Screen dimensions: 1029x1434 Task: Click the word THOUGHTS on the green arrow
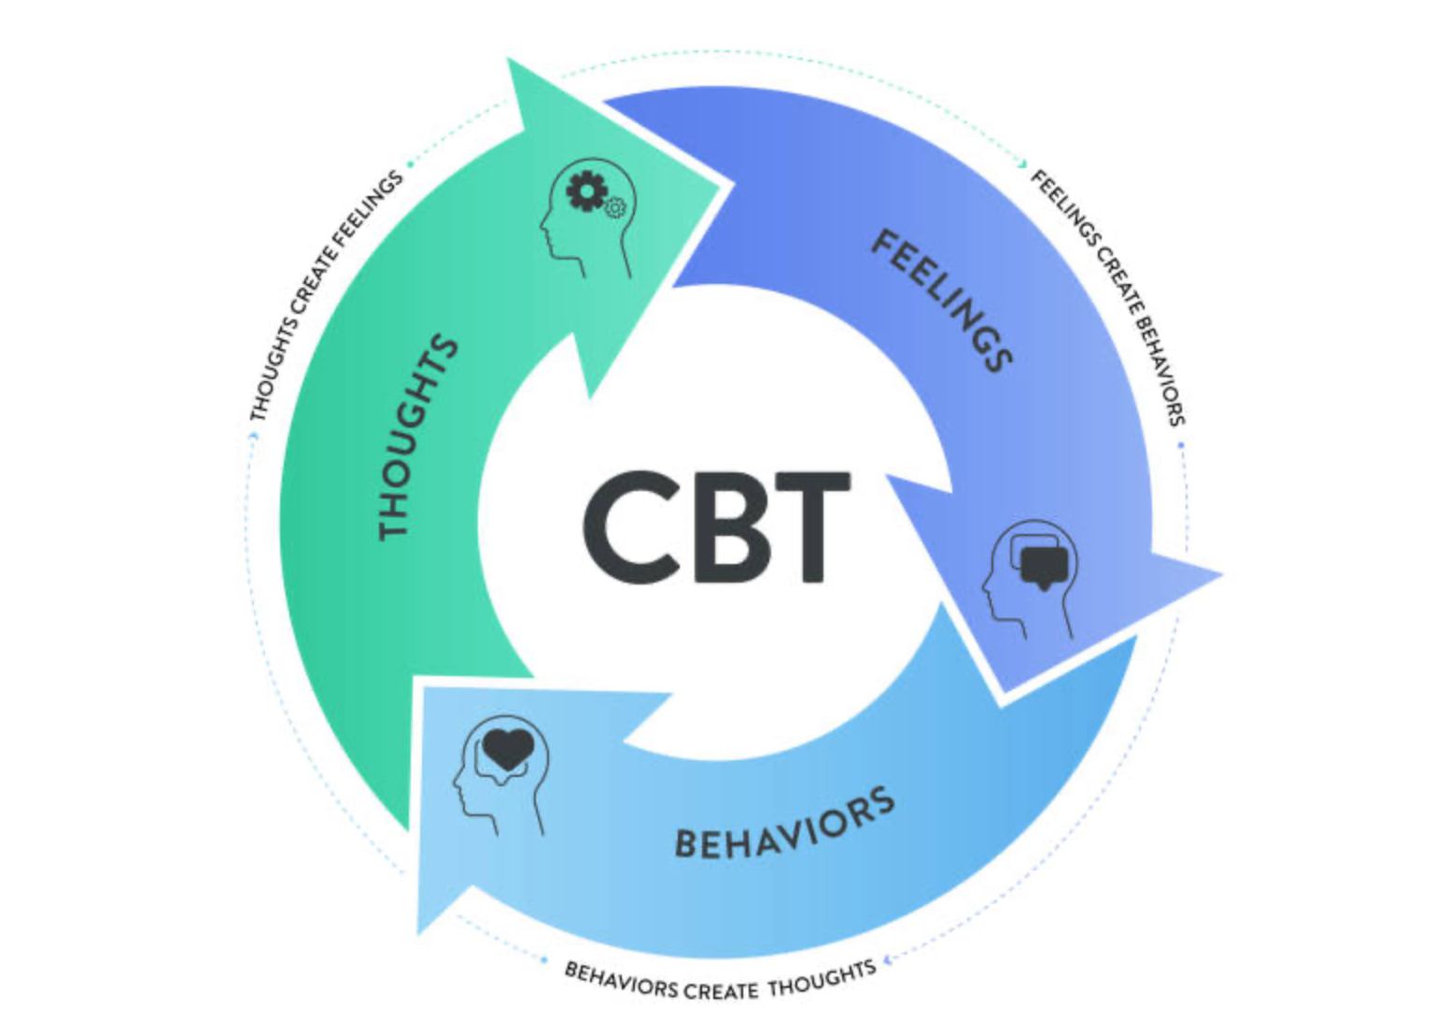pos(417,438)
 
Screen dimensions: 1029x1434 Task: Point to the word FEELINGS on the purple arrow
pos(942,301)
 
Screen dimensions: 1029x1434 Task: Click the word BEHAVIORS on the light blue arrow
pos(784,824)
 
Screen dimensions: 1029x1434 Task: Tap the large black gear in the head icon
pos(585,190)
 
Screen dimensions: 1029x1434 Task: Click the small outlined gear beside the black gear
pos(614,207)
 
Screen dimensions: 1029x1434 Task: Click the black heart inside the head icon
pos(508,748)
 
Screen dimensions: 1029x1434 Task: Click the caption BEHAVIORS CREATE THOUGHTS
pos(720,981)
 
